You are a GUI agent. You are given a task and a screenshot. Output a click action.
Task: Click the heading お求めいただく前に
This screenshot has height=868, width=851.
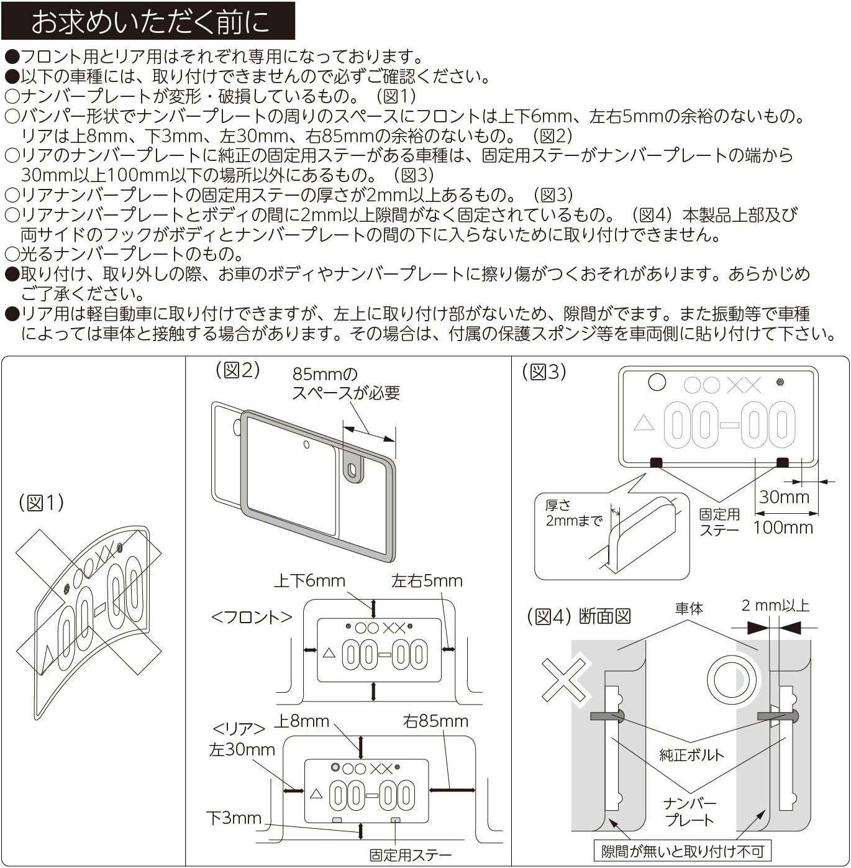pyautogui.click(x=150, y=22)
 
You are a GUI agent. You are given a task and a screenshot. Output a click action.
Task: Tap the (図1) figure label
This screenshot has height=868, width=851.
pyautogui.click(x=41, y=503)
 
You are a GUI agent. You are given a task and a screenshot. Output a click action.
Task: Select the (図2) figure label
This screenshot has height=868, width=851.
pyautogui.click(x=237, y=370)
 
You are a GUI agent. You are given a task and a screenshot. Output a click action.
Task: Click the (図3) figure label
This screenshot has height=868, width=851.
pyautogui.click(x=544, y=372)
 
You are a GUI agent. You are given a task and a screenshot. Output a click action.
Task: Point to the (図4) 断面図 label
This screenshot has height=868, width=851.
pyautogui.click(x=579, y=616)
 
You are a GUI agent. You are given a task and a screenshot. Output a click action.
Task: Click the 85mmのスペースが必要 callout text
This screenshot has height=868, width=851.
pyautogui.click(x=345, y=383)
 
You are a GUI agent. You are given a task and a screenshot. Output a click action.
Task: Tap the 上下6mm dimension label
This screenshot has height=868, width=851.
pyautogui.click(x=309, y=581)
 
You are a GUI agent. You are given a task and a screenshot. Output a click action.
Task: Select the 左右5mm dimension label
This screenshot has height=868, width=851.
pyautogui.click(x=427, y=581)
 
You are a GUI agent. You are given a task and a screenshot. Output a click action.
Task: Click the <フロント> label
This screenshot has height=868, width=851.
pyautogui.click(x=252, y=617)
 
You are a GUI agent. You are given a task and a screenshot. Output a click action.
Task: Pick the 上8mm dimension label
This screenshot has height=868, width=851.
pyautogui.click(x=302, y=721)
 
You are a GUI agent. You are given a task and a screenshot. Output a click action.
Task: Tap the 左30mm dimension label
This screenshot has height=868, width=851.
pyautogui.click(x=242, y=750)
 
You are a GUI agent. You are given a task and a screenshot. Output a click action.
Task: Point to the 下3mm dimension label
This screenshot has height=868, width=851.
pyautogui.click(x=234, y=818)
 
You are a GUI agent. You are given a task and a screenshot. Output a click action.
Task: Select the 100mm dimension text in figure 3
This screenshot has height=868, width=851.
pyautogui.click(x=783, y=528)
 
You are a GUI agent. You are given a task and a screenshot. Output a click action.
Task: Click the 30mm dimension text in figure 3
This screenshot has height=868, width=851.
pyautogui.click(x=784, y=497)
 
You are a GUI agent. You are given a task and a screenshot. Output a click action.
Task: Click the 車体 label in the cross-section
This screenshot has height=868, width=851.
pyautogui.click(x=689, y=608)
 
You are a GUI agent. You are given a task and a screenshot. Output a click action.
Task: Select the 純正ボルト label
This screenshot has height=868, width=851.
pyautogui.click(x=691, y=755)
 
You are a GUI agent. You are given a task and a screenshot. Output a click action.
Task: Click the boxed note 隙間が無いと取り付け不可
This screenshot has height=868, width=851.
pyautogui.click(x=682, y=851)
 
